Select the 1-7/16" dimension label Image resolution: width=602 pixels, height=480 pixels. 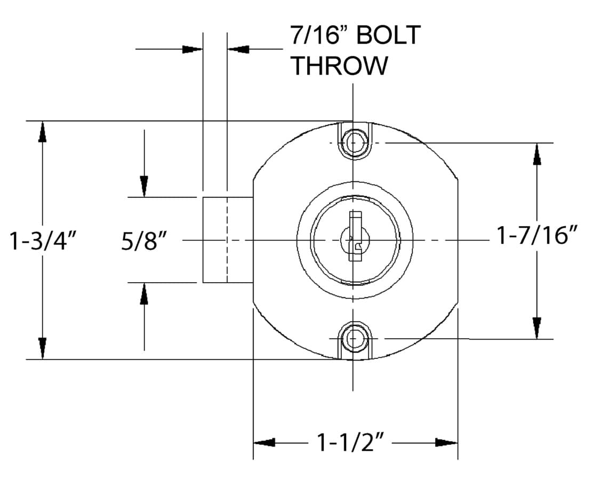tap(537, 235)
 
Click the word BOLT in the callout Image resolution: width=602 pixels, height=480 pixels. tap(388, 36)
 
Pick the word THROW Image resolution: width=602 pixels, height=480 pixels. tap(339, 66)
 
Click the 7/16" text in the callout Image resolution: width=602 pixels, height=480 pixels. tap(319, 36)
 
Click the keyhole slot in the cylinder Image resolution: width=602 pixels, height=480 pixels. tap(354, 237)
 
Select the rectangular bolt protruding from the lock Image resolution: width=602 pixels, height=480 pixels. tap(227, 239)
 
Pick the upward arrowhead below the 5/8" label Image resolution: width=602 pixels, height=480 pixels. tap(144, 293)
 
